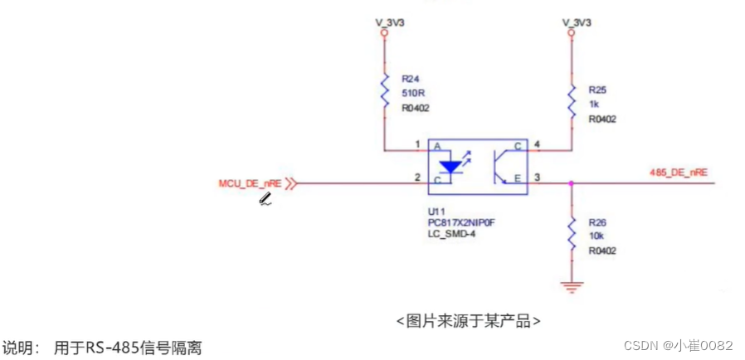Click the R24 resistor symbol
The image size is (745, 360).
tap(385, 91)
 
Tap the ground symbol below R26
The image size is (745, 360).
tap(572, 287)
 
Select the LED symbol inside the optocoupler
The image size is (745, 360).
tap(450, 165)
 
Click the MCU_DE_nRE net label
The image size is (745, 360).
tap(248, 182)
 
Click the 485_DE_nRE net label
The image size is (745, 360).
tap(678, 172)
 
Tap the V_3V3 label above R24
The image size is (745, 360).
tap(384, 22)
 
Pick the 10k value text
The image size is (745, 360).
tap(596, 236)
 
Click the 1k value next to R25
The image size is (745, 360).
tap(593, 104)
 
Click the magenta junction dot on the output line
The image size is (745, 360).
tap(572, 182)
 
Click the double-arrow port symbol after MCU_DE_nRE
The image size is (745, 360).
tap(290, 183)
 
